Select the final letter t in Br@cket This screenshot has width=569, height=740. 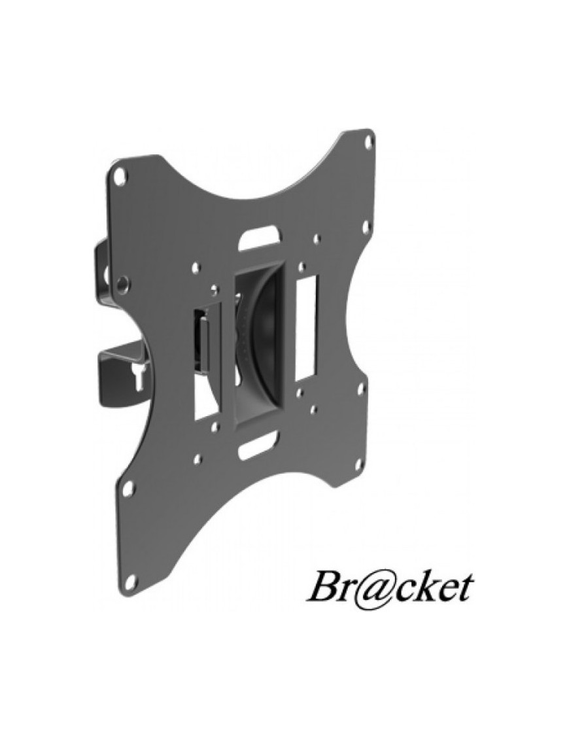[x=464, y=589]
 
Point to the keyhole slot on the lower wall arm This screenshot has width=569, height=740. [x=138, y=376]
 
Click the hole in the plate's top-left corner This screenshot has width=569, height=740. [x=120, y=175]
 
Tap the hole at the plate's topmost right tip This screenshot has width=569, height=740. [x=368, y=140]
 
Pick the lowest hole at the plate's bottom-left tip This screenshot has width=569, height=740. [x=130, y=581]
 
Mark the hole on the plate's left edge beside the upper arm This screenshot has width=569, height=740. [x=122, y=283]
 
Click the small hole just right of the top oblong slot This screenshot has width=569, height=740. [x=317, y=240]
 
